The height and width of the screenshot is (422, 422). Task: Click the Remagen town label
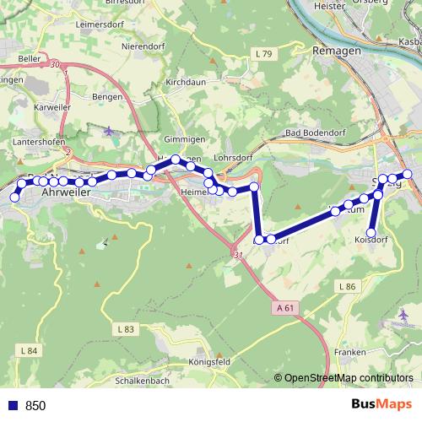click(336, 50)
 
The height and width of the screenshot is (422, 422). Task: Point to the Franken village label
click(349, 351)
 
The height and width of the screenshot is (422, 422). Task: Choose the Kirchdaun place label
click(187, 83)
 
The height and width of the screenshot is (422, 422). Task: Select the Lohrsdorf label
click(235, 157)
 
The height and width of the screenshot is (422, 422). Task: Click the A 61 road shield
click(286, 309)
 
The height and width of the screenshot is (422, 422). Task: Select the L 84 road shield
click(27, 349)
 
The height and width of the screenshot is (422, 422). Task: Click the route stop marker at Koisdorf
click(371, 233)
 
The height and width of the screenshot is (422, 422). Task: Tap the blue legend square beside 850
click(12, 406)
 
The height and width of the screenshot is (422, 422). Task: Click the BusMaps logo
click(382, 405)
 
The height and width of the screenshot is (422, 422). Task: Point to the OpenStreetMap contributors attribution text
click(348, 379)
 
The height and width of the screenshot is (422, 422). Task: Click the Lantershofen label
click(35, 143)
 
